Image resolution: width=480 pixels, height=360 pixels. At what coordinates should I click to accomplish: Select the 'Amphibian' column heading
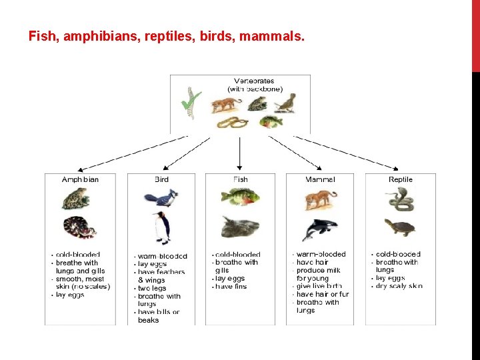point(80,179)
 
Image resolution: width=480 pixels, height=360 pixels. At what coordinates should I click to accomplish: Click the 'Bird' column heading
point(161,179)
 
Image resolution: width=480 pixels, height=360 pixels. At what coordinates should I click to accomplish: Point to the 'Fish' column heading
point(241,179)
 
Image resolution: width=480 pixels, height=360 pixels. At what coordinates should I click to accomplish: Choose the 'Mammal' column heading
point(320,179)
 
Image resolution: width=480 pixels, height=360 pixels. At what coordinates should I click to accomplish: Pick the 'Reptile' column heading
point(401,179)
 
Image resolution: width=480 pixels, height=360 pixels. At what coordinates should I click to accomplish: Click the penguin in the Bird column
point(161,228)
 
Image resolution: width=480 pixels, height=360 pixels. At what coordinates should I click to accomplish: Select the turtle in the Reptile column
point(400,227)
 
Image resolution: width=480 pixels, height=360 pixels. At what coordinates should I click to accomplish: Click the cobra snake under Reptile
point(399,197)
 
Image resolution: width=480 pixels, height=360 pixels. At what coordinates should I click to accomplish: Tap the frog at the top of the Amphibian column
point(77,197)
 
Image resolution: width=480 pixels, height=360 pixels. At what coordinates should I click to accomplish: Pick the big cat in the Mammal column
point(320,199)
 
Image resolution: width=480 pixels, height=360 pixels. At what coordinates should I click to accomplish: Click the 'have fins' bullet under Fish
point(231,287)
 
